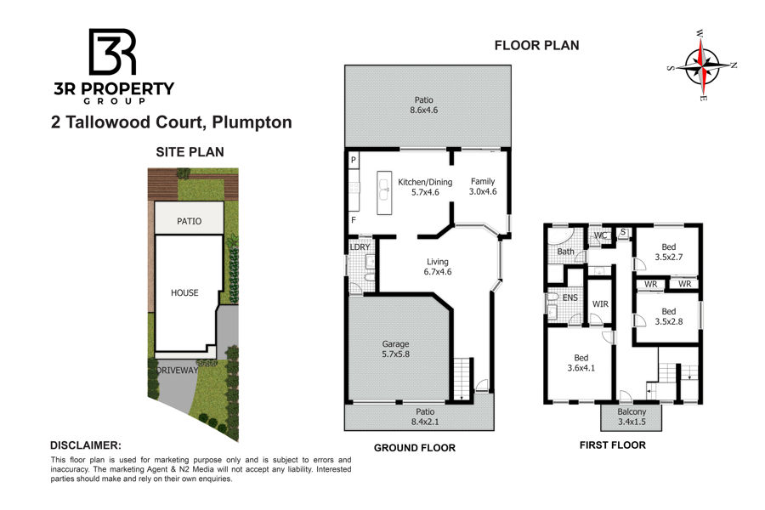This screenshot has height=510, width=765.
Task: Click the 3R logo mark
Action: coord(112,51)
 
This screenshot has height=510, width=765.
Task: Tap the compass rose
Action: coord(702,65)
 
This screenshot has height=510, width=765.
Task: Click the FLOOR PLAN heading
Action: coord(536,45)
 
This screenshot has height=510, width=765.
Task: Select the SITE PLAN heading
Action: coord(190,152)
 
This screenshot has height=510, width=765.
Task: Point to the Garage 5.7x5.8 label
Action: coord(395,349)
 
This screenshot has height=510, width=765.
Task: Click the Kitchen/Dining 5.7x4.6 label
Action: coord(425,187)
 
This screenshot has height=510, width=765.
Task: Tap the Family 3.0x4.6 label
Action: coord(483,186)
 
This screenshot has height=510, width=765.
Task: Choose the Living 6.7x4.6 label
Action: coord(438,267)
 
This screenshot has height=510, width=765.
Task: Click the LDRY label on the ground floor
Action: coord(360,247)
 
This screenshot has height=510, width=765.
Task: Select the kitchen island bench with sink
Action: coord(384,192)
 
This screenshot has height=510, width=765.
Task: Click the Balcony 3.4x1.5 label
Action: coord(632,416)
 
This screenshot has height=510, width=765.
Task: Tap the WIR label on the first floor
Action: coord(600,304)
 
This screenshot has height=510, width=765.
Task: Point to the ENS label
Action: coord(569,297)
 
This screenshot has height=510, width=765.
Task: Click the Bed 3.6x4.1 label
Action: coord(581,363)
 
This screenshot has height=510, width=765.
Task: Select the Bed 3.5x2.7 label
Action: coord(668,252)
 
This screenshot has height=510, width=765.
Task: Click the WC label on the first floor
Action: coord(600,235)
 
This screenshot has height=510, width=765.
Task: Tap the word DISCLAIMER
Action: coord(86,445)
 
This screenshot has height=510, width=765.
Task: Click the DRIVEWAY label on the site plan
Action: coord(177,370)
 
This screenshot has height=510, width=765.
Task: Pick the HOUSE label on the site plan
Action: coord(184,292)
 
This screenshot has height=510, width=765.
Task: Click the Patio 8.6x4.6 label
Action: coord(423,105)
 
